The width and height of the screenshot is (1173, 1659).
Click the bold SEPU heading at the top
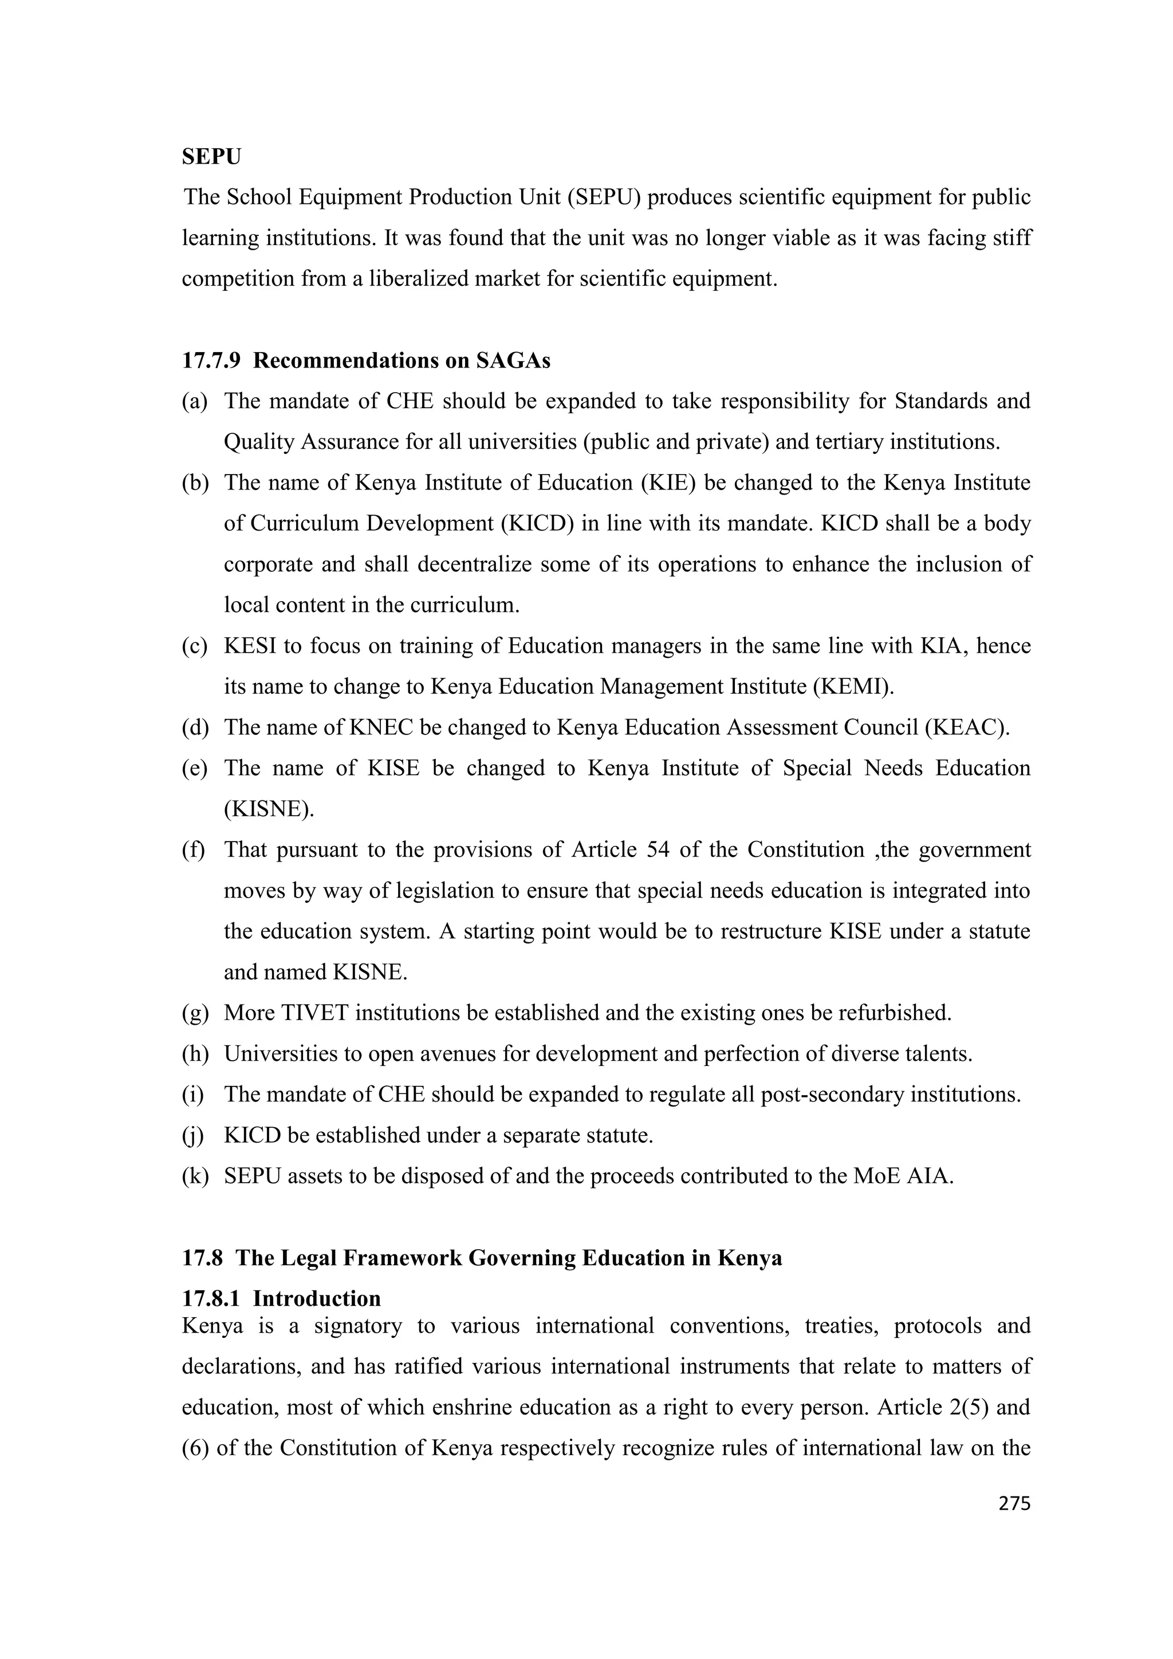click(x=211, y=157)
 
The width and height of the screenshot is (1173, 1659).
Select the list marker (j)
click(x=193, y=1136)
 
